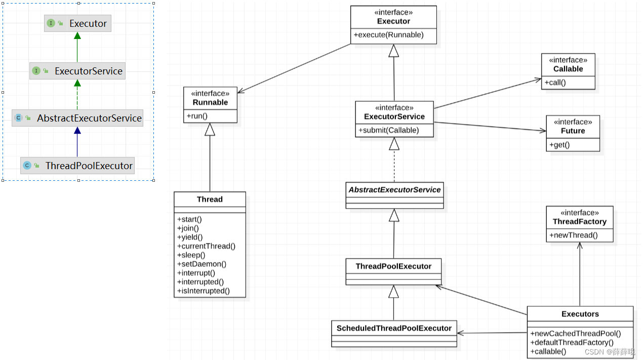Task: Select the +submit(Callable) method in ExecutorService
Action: pyautogui.click(x=389, y=130)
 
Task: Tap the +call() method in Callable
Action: pyautogui.click(x=555, y=83)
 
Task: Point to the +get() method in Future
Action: pyautogui.click(x=559, y=145)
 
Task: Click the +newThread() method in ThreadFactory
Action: pyautogui.click(x=574, y=235)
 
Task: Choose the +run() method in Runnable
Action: pyautogui.click(x=197, y=116)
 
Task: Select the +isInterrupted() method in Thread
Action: pyautogui.click(x=204, y=291)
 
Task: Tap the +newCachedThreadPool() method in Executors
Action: pyautogui.click(x=576, y=334)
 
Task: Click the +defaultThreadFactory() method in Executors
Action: pyautogui.click(x=572, y=342)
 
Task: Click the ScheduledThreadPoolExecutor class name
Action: pyautogui.click(x=394, y=328)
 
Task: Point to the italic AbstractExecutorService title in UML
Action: pyautogui.click(x=394, y=189)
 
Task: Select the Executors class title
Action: pyautogui.click(x=580, y=314)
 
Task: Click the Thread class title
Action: pyautogui.click(x=210, y=199)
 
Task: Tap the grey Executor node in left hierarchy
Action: pyautogui.click(x=77, y=23)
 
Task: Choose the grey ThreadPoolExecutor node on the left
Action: pyautogui.click(x=77, y=166)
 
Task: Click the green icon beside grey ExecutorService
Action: pyautogui.click(x=36, y=71)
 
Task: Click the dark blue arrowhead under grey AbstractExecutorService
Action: pyautogui.click(x=77, y=130)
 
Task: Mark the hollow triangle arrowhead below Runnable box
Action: pyautogui.click(x=210, y=129)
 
